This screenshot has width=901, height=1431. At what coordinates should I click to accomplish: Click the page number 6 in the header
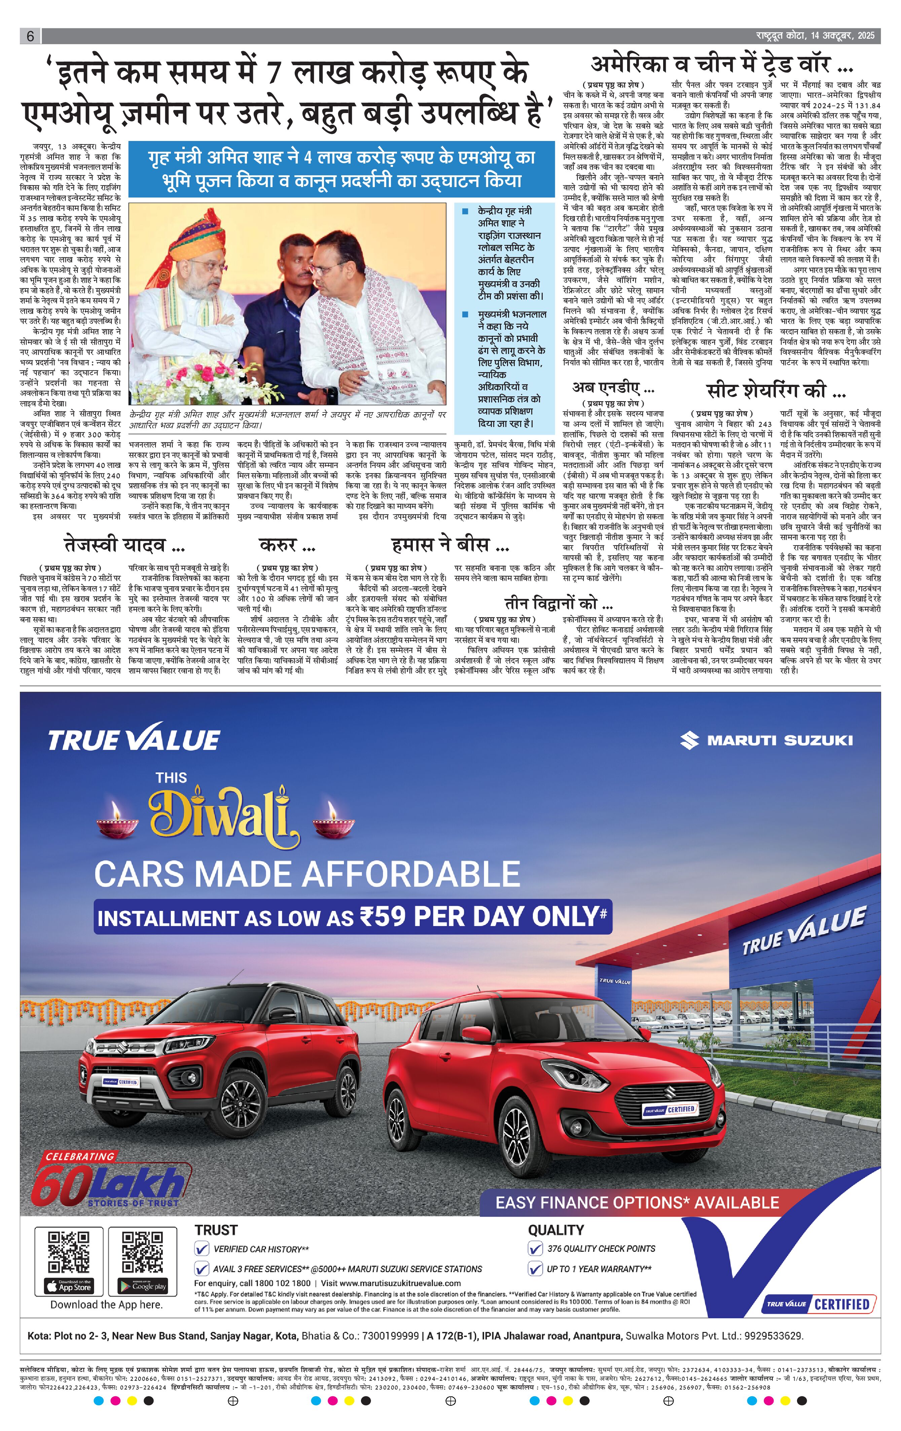click(x=30, y=36)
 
